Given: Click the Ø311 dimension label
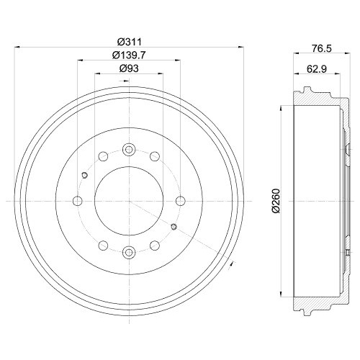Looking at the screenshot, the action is click(x=129, y=42).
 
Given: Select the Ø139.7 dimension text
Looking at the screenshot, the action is click(x=129, y=55).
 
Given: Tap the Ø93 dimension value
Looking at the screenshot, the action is click(x=129, y=68).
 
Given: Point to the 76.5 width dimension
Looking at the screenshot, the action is click(x=322, y=48).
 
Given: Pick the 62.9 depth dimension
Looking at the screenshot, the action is click(x=317, y=69).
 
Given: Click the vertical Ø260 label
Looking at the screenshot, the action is click(x=276, y=201).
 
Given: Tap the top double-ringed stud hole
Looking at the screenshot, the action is click(x=129, y=150).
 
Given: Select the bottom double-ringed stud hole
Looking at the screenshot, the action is click(x=129, y=252).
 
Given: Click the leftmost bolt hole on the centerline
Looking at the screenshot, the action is click(x=78, y=201).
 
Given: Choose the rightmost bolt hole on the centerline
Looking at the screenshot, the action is click(x=181, y=201).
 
